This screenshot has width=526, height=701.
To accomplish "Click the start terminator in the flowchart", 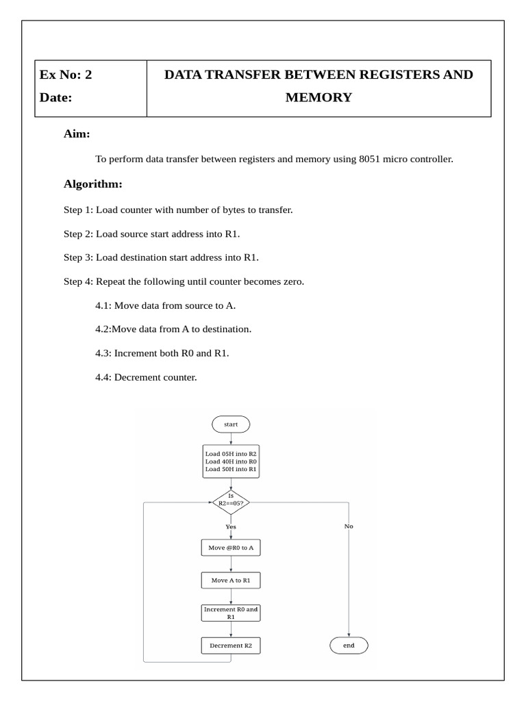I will [231, 424].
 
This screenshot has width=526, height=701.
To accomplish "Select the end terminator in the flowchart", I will [349, 646].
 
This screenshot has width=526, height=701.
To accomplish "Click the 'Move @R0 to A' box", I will [231, 548].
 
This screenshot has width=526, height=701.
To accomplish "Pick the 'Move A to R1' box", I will [231, 581].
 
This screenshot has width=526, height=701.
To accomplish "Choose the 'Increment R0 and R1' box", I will [231, 613].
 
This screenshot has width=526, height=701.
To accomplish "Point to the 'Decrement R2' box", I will [231, 646].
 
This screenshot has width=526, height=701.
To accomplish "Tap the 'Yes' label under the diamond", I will [231, 526].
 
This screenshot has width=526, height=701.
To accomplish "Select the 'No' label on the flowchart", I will [349, 526].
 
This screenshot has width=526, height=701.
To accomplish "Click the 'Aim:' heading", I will [77, 133].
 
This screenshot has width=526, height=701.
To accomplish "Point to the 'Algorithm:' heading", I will [93, 184].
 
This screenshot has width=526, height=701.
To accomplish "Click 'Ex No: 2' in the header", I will [66, 75].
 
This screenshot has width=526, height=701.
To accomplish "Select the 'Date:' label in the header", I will [55, 98].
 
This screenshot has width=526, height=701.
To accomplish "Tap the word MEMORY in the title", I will [318, 98].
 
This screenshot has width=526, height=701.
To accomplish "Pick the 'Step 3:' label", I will [78, 257].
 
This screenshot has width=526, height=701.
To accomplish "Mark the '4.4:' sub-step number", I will [103, 377].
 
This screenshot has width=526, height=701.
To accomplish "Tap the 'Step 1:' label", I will [78, 209].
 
